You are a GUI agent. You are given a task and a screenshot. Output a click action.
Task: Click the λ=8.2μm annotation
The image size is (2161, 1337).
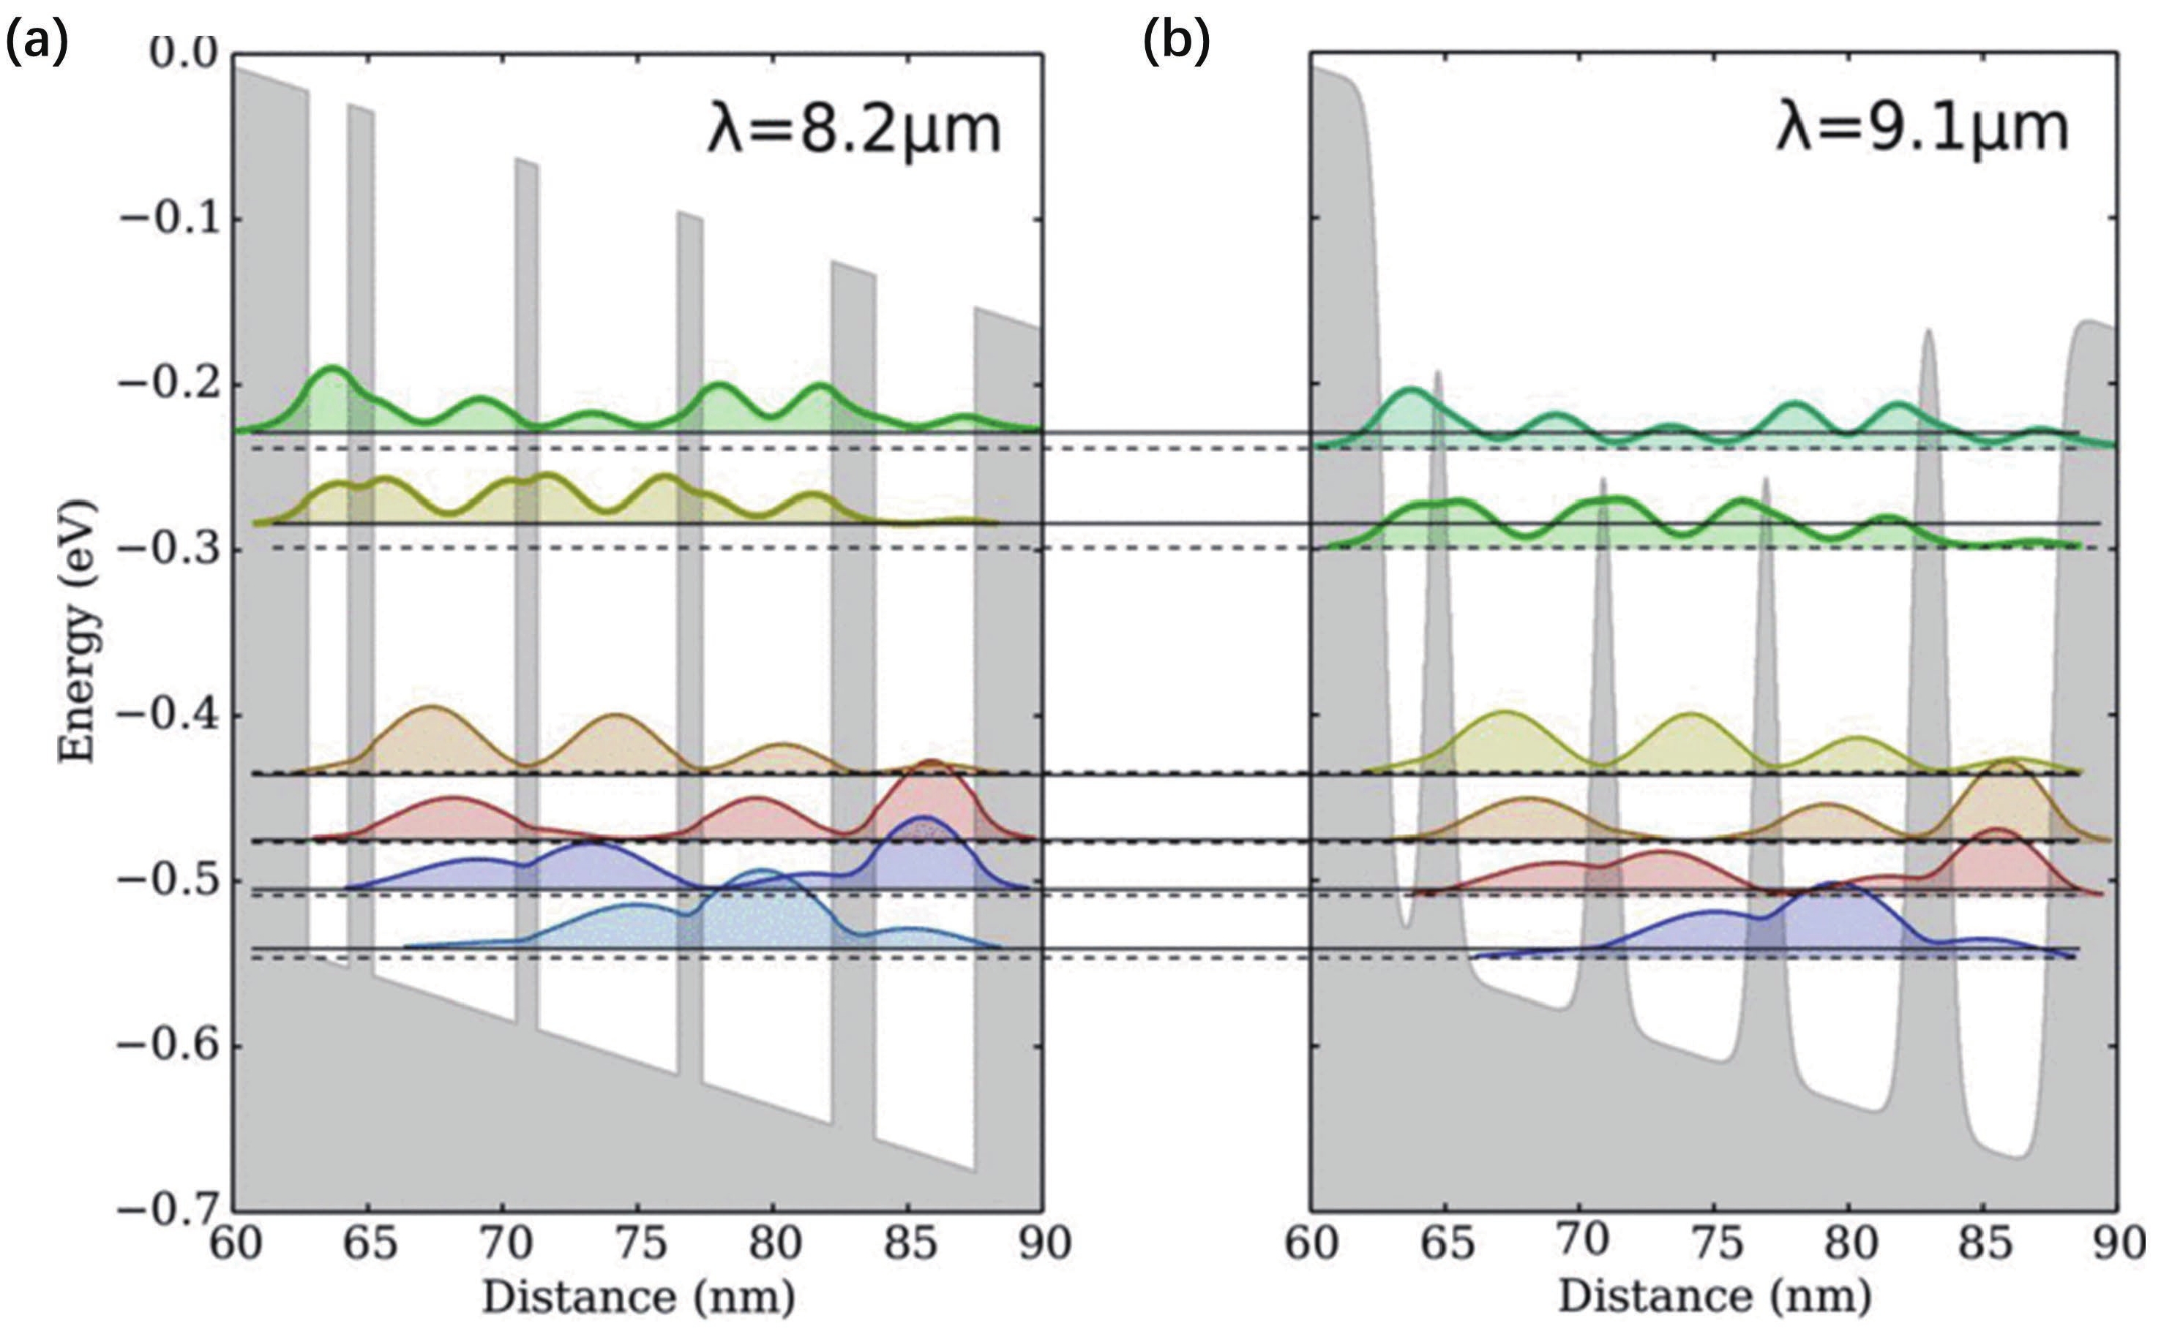coord(853,131)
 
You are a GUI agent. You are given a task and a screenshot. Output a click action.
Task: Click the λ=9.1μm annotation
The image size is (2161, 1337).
coord(1922,129)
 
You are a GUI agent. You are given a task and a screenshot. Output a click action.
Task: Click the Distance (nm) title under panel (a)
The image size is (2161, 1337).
coord(638,1298)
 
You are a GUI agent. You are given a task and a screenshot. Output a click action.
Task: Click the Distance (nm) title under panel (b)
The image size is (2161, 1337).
coord(1713,1298)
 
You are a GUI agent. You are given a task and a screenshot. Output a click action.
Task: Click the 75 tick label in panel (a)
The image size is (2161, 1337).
coord(640,1243)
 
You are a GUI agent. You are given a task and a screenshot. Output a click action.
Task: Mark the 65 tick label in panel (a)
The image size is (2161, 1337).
coord(369,1243)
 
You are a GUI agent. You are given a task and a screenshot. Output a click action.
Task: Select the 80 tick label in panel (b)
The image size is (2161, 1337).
coord(1850,1243)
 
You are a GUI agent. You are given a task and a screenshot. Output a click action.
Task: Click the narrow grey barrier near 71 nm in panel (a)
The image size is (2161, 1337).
coord(526,442)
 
